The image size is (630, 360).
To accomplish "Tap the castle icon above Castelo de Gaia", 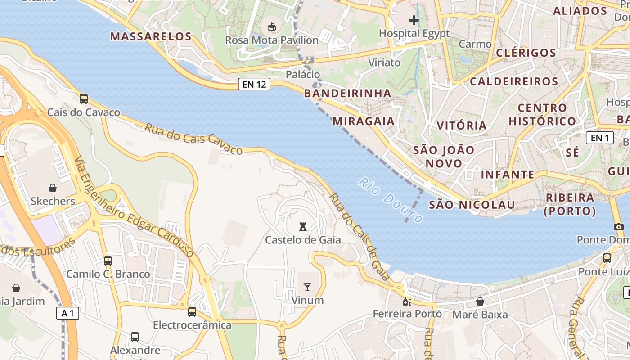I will point(303,227).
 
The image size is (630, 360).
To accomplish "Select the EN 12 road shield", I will point(254,84).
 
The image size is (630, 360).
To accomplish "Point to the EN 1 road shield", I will point(599,138).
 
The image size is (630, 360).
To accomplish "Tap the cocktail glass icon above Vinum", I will point(307,287).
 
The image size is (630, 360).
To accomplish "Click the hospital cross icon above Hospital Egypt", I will point(414,20).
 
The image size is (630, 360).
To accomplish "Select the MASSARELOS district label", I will point(151,36).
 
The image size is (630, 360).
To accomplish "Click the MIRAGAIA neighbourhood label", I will point(364,121).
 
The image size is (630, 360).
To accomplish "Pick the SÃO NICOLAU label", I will point(472,205).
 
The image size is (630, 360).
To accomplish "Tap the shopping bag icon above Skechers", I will point(53,188).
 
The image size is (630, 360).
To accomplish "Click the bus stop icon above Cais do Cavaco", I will point(84,99).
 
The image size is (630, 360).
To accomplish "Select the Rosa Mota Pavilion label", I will point(272,40).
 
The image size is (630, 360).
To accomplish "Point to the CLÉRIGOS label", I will point(526,53).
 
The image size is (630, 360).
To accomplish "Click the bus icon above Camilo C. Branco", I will point(108,261).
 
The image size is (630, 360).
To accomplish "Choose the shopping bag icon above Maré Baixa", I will point(480,301).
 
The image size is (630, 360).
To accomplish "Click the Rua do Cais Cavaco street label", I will point(193,139).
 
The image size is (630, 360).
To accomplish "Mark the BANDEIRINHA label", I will point(347,93).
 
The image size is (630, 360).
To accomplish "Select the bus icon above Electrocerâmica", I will point(192,311).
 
